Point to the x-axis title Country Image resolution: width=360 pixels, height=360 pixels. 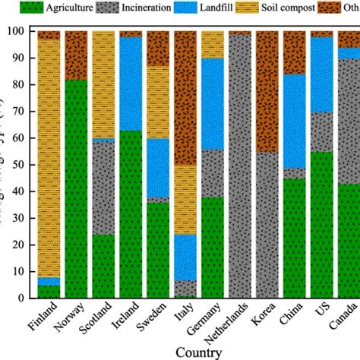(197, 352)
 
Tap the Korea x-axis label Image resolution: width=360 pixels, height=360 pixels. (263, 317)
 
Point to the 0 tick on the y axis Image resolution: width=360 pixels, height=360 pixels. (26, 298)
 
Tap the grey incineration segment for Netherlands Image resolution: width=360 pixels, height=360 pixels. (240, 167)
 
